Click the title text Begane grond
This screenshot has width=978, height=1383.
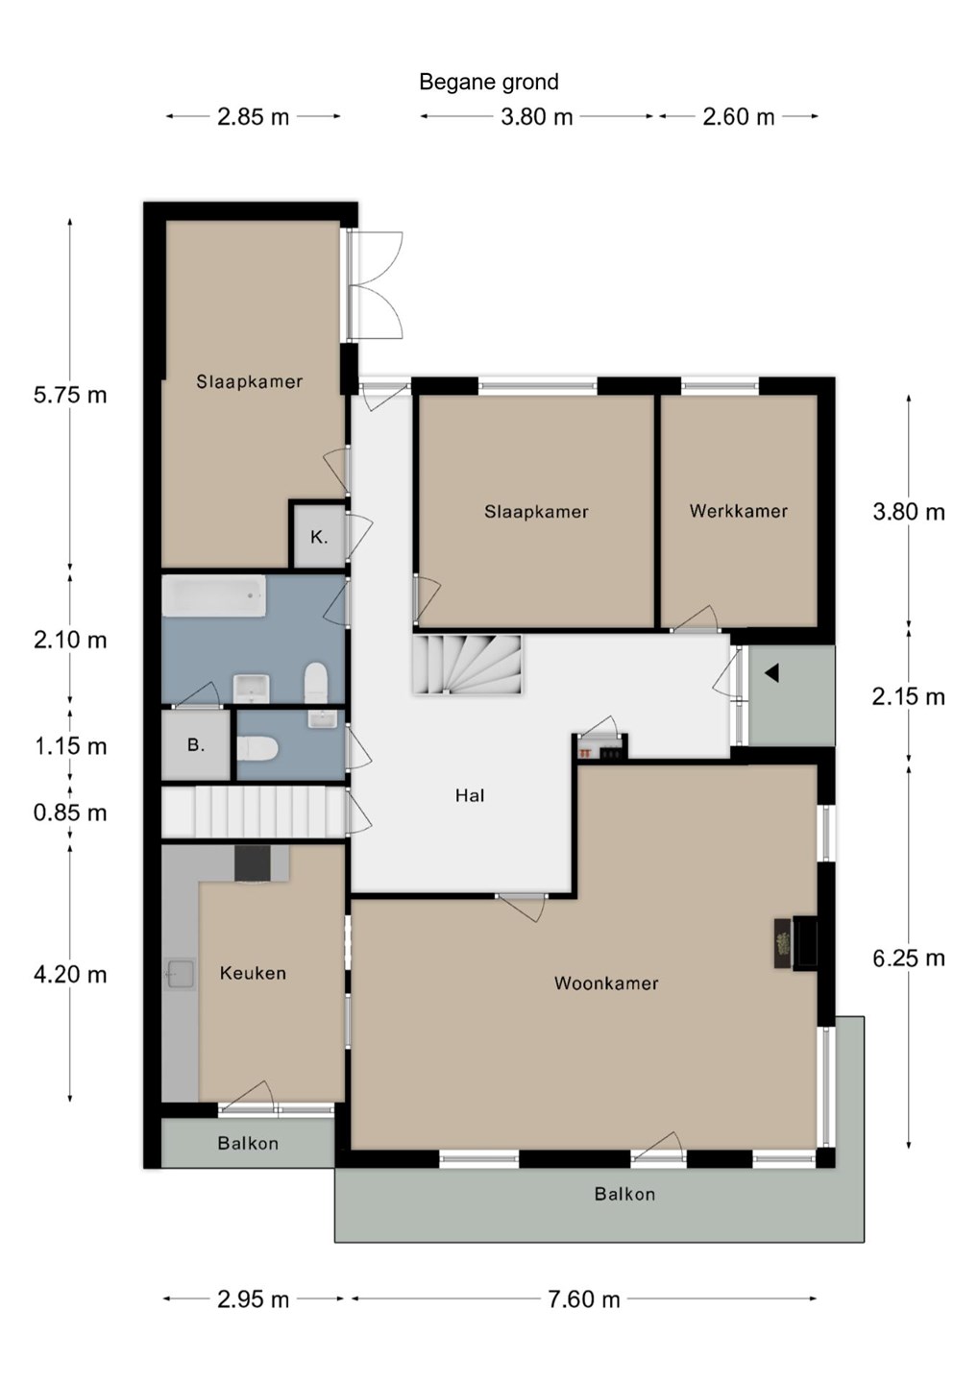pos(488,83)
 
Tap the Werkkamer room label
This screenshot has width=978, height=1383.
pos(739,511)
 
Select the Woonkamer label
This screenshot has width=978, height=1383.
pos(605,983)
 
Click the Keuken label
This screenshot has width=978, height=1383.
pos(253,973)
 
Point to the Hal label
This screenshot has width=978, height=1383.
pos(470,795)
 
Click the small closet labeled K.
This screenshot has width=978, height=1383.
pos(319,537)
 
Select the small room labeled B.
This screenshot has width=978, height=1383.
pos(196,745)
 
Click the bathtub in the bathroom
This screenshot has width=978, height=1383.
pos(213,595)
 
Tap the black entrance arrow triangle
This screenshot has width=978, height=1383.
pos(771,672)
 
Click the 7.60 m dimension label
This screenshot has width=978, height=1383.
pos(583,1299)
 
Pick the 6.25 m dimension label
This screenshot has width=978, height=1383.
pos(908,958)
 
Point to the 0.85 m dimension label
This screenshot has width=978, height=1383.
pos(70,813)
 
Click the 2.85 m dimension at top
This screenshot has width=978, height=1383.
pos(253,117)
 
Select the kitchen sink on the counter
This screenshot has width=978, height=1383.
pos(180,974)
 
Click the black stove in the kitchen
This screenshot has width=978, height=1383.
pos(253,863)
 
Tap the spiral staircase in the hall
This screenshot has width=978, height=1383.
pos(468,665)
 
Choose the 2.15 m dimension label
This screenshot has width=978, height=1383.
pos(908,697)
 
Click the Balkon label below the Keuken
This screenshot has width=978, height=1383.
pos(248,1144)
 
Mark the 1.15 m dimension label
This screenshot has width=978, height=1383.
pos(70,746)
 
